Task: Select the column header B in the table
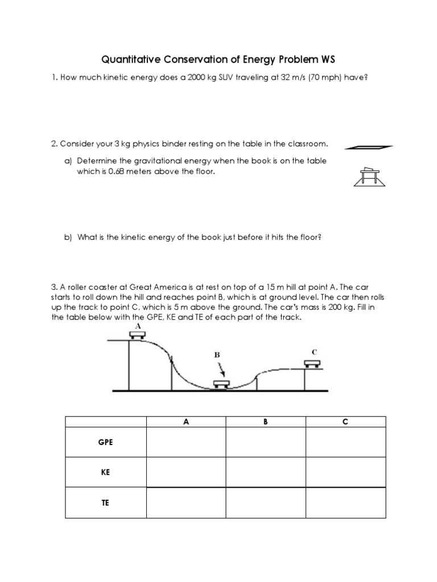pyautogui.click(x=266, y=422)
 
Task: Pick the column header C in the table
pyautogui.click(x=345, y=422)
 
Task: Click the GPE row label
pyautogui.click(x=106, y=442)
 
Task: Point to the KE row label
pyautogui.click(x=106, y=472)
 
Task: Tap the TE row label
pyautogui.click(x=106, y=503)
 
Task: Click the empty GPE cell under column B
pyautogui.click(x=266, y=442)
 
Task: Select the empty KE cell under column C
pyautogui.click(x=345, y=472)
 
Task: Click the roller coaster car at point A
pyautogui.click(x=136, y=335)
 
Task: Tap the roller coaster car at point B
pyautogui.click(x=221, y=384)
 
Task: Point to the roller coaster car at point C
pyautogui.click(x=311, y=363)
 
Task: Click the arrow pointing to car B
pyautogui.click(x=221, y=369)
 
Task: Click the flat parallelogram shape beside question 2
pyautogui.click(x=369, y=147)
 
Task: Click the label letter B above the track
pyautogui.click(x=217, y=354)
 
